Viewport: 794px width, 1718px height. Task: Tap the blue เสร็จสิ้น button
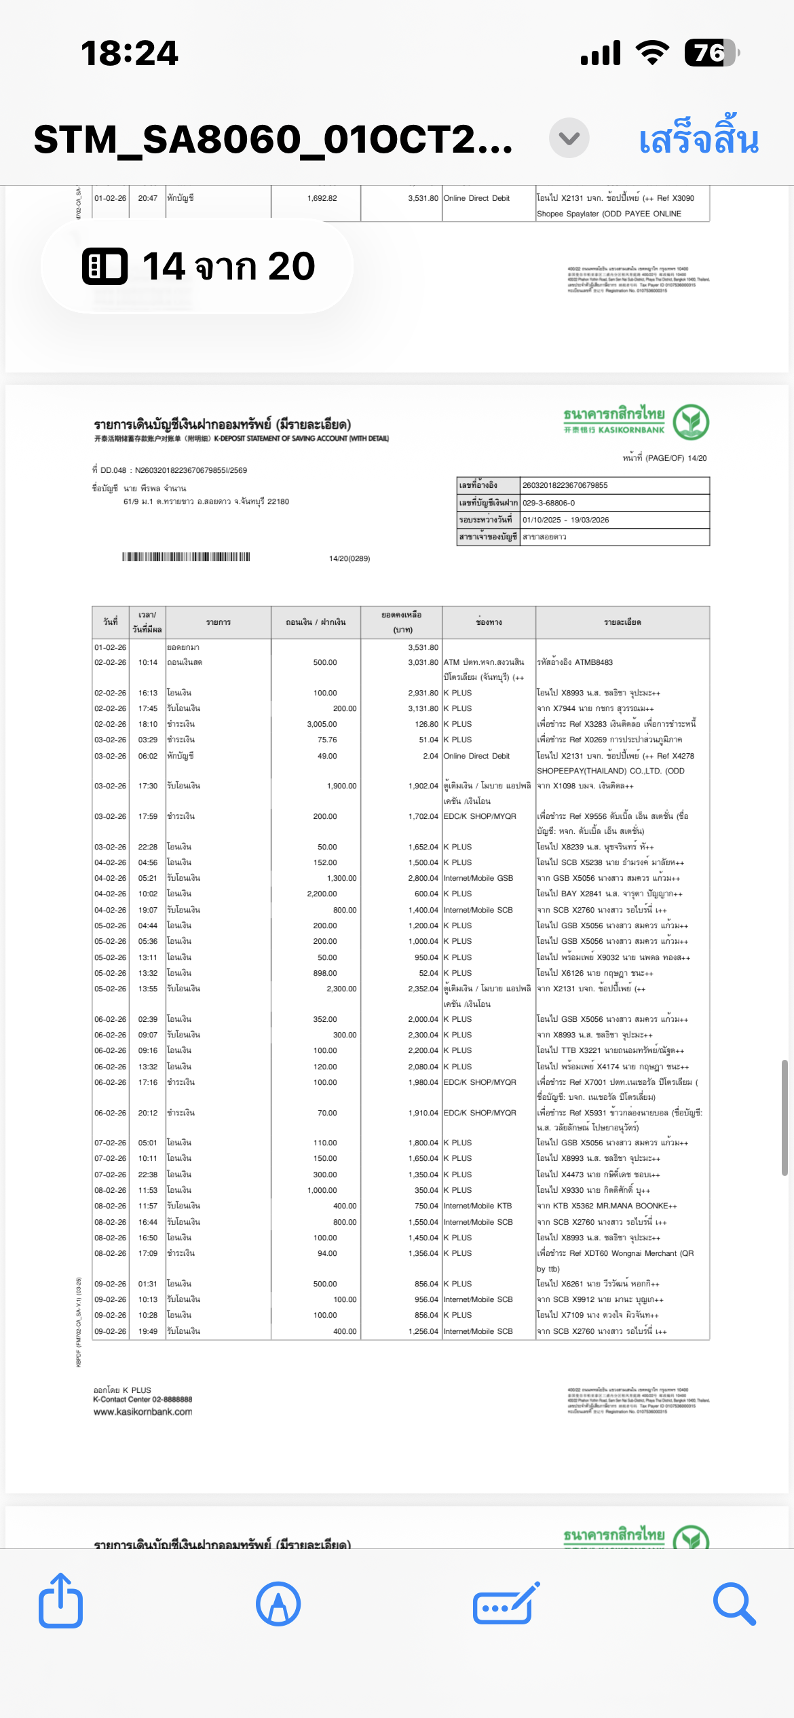point(698,139)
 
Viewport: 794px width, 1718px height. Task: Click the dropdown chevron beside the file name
point(569,138)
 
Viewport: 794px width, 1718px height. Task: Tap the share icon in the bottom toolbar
point(60,1603)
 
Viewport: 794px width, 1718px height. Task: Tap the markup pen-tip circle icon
point(278,1604)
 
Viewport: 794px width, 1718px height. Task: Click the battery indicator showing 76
point(711,53)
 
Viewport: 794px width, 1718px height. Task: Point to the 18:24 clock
point(129,53)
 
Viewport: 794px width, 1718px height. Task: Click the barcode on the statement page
point(186,557)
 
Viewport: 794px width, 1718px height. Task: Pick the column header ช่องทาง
point(489,622)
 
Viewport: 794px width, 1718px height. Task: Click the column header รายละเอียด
point(622,622)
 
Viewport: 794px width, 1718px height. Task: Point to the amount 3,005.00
point(322,724)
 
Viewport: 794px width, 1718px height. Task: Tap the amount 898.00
point(325,973)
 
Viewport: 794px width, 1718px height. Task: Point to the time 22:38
point(147,1175)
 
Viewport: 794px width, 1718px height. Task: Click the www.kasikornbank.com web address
point(143,1412)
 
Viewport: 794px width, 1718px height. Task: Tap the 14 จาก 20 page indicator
point(197,266)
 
